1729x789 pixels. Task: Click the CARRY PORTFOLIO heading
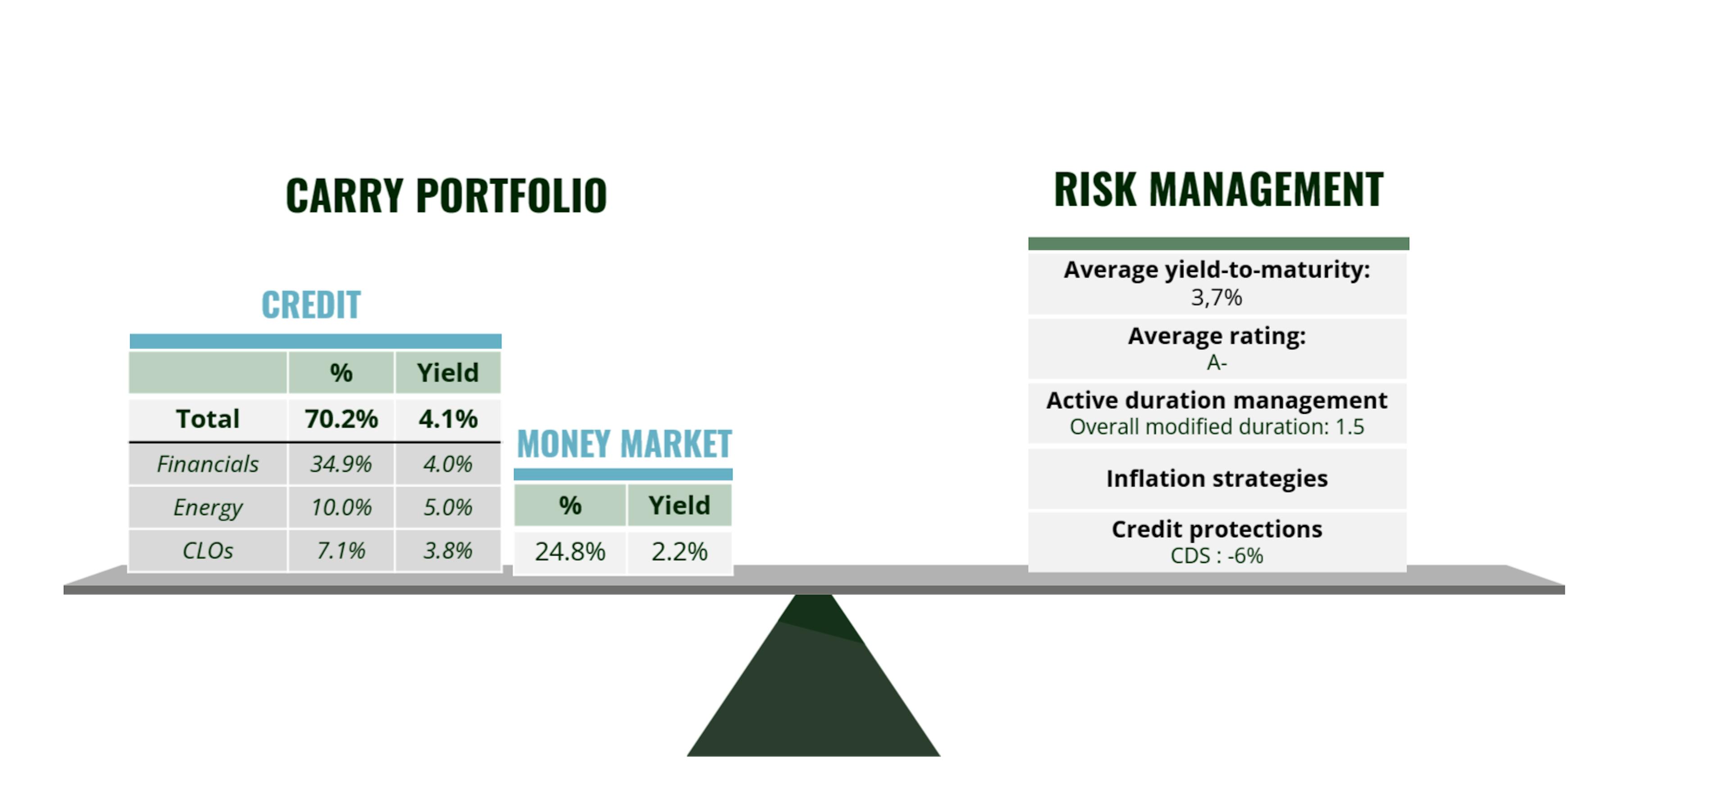click(446, 195)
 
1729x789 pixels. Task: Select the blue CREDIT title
click(311, 305)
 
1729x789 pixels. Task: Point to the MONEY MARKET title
click(624, 444)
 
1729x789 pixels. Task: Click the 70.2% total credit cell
click(341, 419)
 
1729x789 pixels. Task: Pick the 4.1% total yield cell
click(448, 419)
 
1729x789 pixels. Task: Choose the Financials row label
click(208, 464)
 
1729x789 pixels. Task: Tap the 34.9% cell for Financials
click(341, 464)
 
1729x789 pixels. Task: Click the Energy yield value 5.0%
click(448, 507)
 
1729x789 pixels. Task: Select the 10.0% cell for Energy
click(341, 507)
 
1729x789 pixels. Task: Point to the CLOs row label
click(208, 551)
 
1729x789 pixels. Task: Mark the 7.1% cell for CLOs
click(341, 551)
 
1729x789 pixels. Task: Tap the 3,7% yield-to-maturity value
click(1216, 298)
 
